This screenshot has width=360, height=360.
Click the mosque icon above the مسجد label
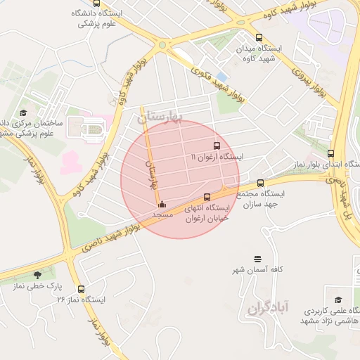pyautogui.click(x=162, y=205)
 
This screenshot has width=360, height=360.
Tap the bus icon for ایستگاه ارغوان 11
pyautogui.click(x=216, y=146)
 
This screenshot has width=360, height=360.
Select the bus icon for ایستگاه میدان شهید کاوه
pyautogui.click(x=259, y=37)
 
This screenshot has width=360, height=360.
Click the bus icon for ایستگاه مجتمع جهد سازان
pyautogui.click(x=260, y=183)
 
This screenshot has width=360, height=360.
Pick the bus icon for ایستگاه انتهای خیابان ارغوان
pyautogui.click(x=207, y=198)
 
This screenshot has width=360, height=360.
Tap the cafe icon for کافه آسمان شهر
pyautogui.click(x=257, y=259)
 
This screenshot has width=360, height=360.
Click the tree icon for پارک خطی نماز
pyautogui.click(x=37, y=275)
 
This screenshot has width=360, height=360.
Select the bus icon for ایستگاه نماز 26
pyautogui.click(x=81, y=288)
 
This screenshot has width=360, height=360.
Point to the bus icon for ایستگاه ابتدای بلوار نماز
pyautogui.click(x=331, y=153)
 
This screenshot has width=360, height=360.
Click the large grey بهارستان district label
pyautogui.click(x=160, y=117)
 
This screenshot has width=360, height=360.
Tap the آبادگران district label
pyautogui.click(x=269, y=307)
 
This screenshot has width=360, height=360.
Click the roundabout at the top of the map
pyautogui.click(x=163, y=45)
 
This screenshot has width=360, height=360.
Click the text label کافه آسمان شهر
pyautogui.click(x=257, y=270)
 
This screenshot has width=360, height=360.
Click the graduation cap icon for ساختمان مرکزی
pyautogui.click(x=23, y=112)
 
